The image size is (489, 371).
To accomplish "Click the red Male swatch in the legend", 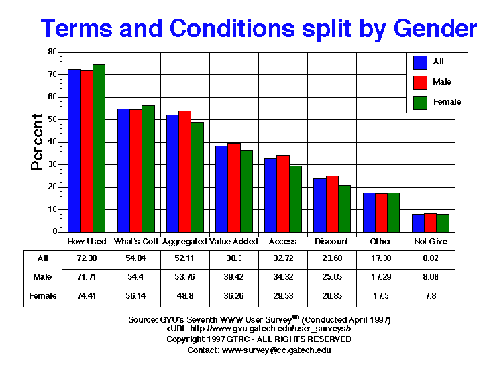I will point(421,82).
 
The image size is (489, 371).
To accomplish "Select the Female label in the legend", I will point(447,102).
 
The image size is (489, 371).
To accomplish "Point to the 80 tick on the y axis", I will point(52,52).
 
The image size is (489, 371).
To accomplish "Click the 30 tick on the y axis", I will point(52,164).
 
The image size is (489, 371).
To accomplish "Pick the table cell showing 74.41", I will point(87,296).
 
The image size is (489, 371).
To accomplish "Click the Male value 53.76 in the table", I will point(184,276).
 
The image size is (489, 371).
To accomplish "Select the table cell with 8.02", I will point(430,258).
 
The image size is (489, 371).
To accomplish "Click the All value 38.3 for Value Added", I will point(233,258).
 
